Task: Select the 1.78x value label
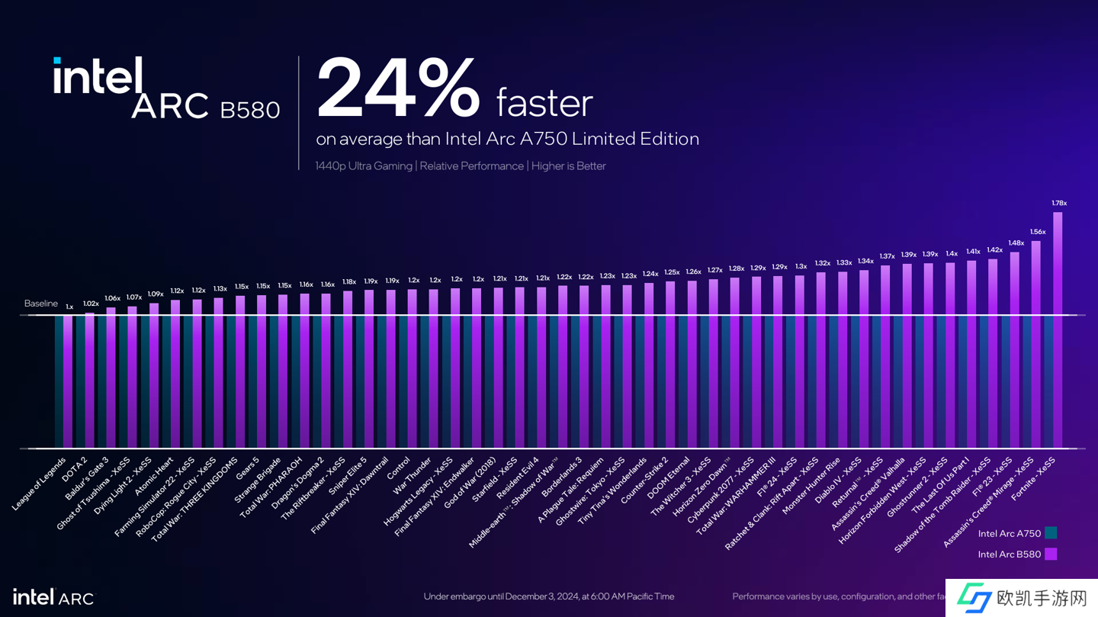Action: point(1059,203)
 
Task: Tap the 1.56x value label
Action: point(1038,232)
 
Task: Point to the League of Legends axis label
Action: point(40,488)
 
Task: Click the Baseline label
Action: point(40,304)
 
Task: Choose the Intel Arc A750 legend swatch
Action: point(1051,534)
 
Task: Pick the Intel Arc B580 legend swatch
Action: point(1051,554)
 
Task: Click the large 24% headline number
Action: point(398,89)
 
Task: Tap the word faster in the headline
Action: point(544,103)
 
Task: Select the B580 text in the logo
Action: point(249,111)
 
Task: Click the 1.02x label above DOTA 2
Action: point(91,304)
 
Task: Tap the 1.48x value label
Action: point(1016,243)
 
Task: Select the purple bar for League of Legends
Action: point(68,381)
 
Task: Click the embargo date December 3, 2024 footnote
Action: point(549,596)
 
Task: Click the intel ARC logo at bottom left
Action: point(53,597)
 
